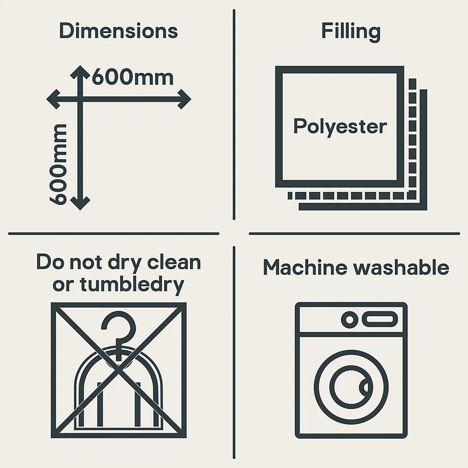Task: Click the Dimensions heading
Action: coord(119,31)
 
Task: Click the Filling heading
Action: coord(351,32)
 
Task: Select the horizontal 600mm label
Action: coord(133,77)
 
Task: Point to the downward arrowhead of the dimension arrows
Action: coord(80,204)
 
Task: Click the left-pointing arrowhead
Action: coord(53,99)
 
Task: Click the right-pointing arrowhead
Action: coord(184,99)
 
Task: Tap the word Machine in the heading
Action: coord(305,268)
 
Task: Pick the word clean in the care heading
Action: coord(174,262)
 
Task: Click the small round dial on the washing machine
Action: coord(350,319)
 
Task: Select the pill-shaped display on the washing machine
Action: coord(380,319)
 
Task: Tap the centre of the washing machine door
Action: coord(351,387)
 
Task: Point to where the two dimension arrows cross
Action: coord(80,99)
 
